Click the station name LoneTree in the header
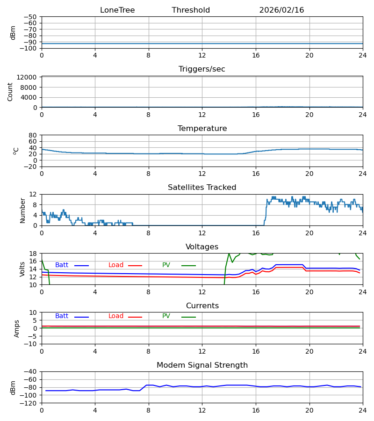[117, 10]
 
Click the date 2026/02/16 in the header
[281, 10]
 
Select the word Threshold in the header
[191, 10]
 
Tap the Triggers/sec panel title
[202, 69]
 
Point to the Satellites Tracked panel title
[202, 188]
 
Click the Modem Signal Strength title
[202, 365]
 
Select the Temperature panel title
[202, 129]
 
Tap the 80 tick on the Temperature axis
[33, 135]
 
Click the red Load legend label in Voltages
[116, 265]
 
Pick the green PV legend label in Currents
[166, 316]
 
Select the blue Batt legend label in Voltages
[62, 265]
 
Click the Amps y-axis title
[17, 328]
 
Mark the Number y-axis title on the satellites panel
[23, 210]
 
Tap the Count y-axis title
[10, 92]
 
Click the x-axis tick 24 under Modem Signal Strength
[363, 410]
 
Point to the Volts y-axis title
[23, 269]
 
